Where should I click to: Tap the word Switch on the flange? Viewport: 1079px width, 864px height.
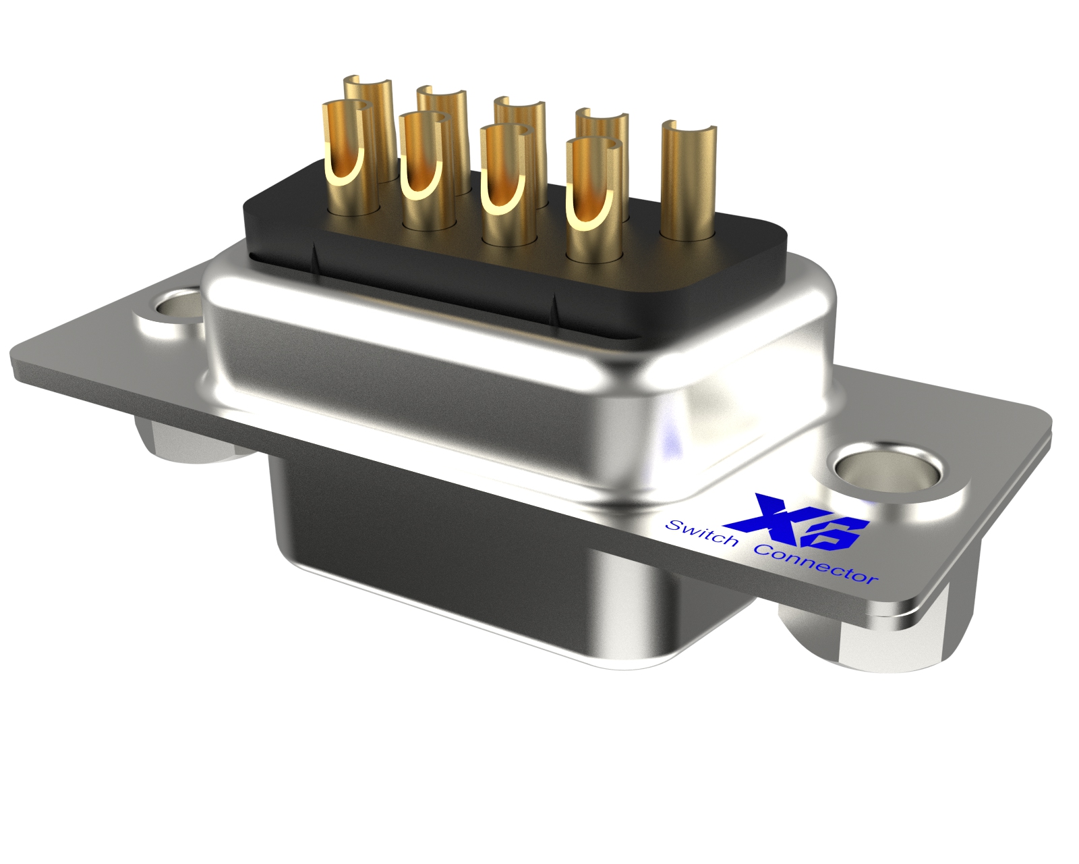click(701, 533)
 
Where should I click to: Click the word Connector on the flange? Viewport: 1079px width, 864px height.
click(816, 564)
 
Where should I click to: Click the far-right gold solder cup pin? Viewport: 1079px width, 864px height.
click(688, 182)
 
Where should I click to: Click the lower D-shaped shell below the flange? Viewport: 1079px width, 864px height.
click(472, 567)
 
